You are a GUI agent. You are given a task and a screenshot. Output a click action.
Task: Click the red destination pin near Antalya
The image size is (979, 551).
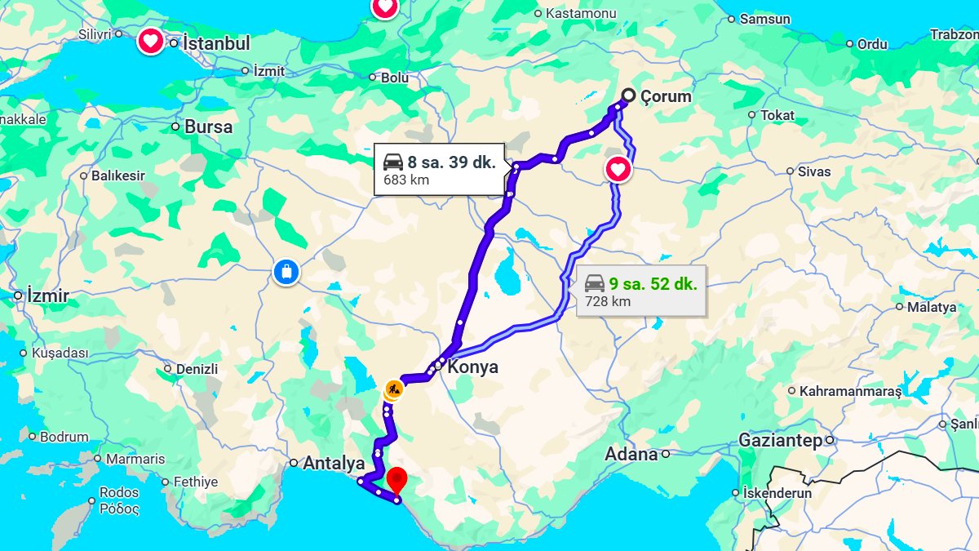396,478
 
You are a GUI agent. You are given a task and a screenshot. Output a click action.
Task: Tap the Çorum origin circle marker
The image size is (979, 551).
628,96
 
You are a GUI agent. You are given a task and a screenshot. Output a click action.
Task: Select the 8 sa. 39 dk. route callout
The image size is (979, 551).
439,169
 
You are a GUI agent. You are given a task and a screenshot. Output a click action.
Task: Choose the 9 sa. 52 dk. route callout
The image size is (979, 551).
640,291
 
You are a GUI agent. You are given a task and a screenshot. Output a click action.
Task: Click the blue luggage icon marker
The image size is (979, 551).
286,271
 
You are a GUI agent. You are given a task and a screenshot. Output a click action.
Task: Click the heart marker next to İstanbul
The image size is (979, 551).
150,41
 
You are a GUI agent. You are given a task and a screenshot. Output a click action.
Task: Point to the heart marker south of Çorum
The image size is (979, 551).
618,170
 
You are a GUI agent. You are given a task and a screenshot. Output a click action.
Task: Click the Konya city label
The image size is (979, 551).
472,367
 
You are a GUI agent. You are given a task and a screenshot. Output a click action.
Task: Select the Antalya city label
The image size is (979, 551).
334,464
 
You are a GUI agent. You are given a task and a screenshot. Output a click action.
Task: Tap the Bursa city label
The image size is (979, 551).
208,127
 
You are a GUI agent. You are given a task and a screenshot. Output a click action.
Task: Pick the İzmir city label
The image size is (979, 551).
48,295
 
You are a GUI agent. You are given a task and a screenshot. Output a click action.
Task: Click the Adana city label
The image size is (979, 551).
631,454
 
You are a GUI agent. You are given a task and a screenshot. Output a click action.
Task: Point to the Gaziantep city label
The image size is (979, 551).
780,440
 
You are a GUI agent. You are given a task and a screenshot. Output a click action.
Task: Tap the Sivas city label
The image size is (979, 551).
814,171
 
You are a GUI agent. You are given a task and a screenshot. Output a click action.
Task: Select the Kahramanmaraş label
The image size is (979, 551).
850,391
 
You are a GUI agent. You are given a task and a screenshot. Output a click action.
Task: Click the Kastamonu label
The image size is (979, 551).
581,13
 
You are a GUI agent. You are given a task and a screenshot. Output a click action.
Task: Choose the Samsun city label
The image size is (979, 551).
764,19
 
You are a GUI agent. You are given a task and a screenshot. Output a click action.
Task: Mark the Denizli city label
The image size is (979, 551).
197,369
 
